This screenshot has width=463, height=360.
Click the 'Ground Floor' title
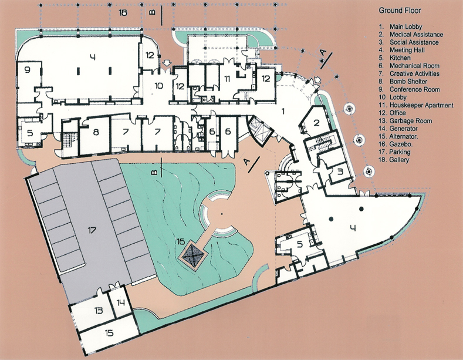(400, 11)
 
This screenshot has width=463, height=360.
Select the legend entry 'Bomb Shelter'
(408, 81)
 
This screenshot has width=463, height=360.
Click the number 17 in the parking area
(92, 230)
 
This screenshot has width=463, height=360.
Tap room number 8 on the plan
(96, 132)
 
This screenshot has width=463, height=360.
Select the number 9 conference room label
(27, 70)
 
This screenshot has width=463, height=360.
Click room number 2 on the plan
(316, 122)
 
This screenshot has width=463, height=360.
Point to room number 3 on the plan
(340, 171)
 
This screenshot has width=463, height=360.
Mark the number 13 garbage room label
(99, 311)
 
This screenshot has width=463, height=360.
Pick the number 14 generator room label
(120, 302)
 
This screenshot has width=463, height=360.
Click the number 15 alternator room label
(109, 333)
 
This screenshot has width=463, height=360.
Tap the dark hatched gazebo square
(193, 254)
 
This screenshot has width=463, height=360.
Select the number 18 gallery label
(123, 13)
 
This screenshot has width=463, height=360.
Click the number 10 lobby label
(158, 86)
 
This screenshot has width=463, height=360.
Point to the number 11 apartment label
(227, 79)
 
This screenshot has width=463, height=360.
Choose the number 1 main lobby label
(283, 111)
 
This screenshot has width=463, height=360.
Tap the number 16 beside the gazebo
(180, 241)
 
